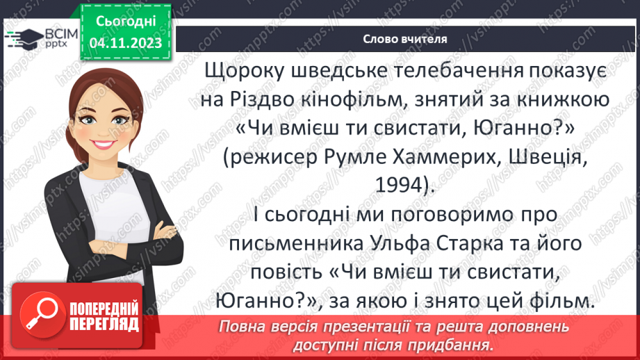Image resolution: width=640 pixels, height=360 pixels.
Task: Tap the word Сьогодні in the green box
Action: click(x=126, y=22)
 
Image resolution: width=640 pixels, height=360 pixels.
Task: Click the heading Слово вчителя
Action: click(x=404, y=40)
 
